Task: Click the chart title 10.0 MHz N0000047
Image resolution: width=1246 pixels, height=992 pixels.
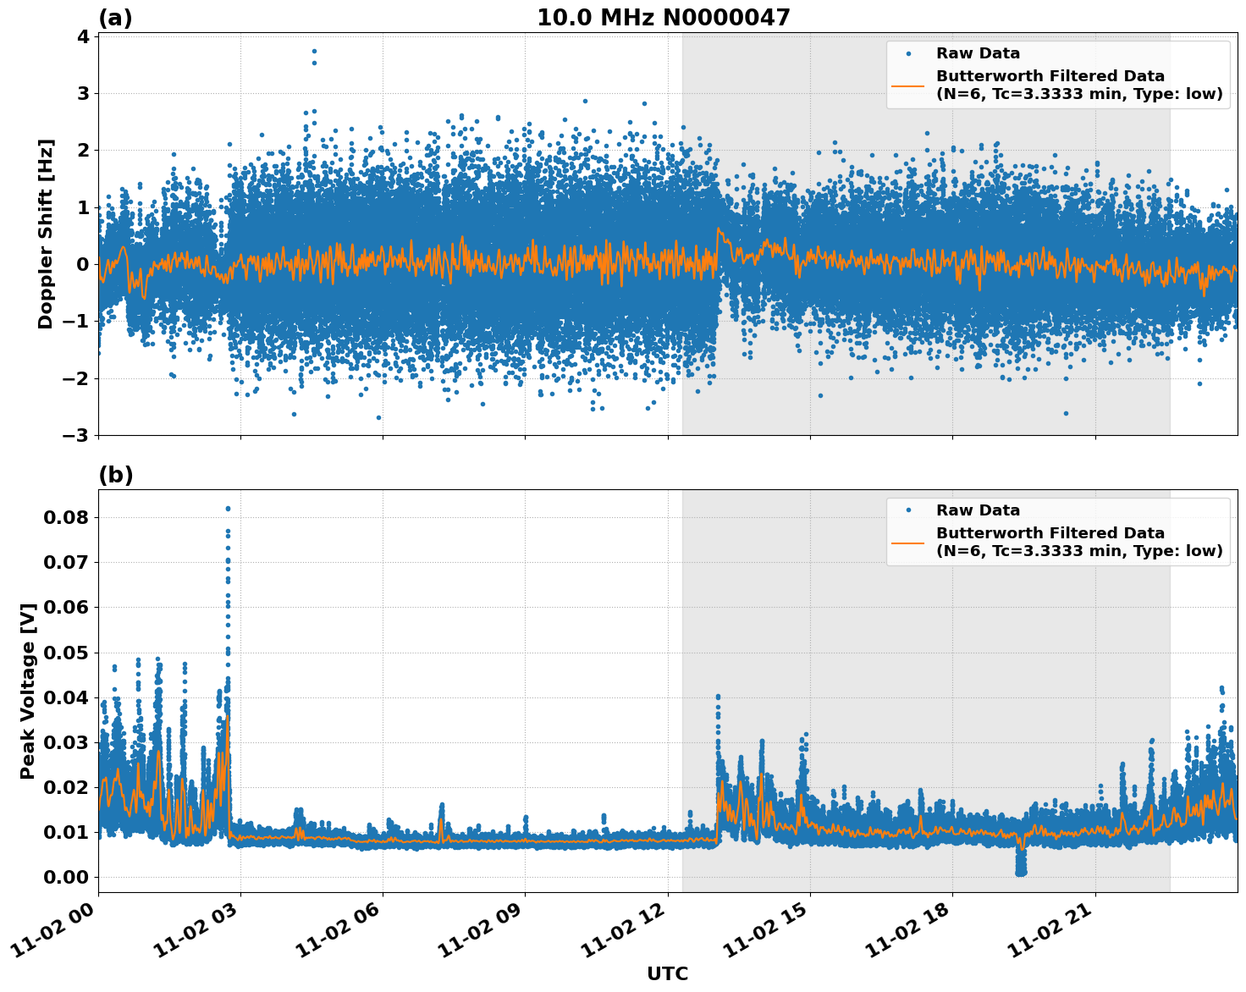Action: click(x=663, y=18)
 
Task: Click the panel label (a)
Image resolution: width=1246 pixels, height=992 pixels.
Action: click(x=115, y=18)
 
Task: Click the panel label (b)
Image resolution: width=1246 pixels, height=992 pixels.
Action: click(x=115, y=475)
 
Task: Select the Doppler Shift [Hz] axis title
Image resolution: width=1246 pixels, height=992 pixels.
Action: click(x=46, y=234)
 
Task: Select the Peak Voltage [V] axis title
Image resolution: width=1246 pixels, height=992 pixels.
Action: click(x=28, y=691)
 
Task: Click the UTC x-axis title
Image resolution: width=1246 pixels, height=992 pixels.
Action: click(x=667, y=973)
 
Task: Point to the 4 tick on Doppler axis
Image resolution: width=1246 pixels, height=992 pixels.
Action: click(x=83, y=36)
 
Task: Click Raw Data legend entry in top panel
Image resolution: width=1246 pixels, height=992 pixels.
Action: click(x=978, y=53)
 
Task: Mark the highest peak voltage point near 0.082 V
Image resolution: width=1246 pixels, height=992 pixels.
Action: click(x=228, y=509)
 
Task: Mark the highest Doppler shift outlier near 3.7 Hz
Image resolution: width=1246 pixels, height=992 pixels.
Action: click(x=314, y=51)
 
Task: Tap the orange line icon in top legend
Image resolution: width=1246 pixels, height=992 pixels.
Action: click(x=907, y=85)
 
